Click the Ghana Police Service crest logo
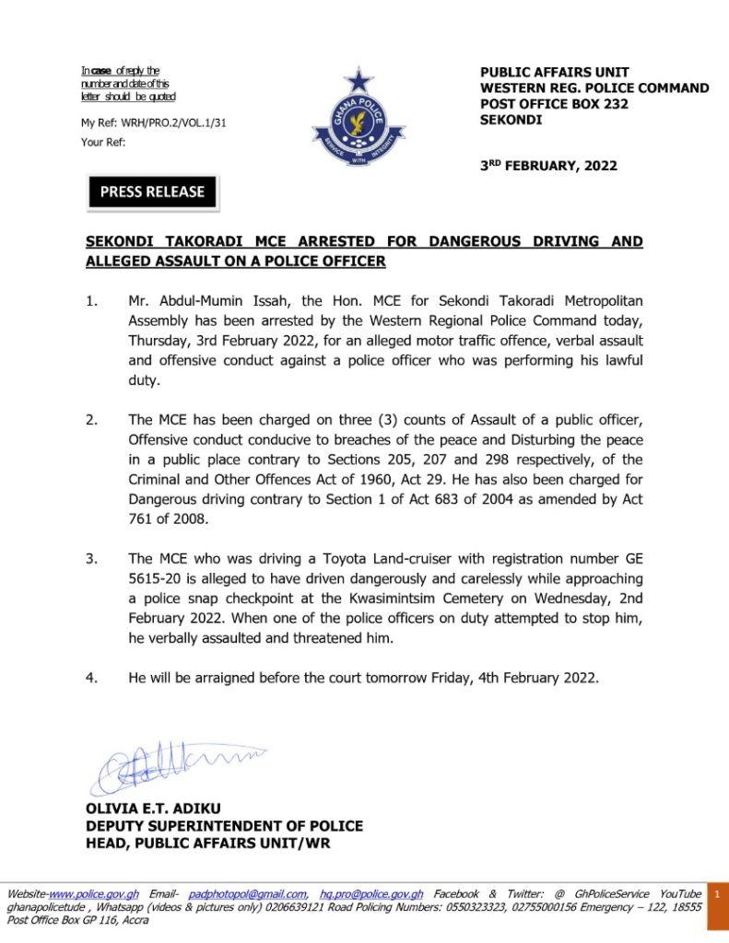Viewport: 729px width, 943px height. click(x=359, y=122)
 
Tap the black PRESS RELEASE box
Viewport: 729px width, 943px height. click(x=152, y=192)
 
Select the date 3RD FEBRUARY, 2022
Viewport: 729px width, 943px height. click(x=548, y=167)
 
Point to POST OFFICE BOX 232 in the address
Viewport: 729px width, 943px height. click(x=554, y=104)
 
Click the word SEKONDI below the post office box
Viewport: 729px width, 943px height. click(x=511, y=120)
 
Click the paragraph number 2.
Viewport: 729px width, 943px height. click(x=92, y=421)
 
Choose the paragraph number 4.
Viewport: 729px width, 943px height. click(x=92, y=678)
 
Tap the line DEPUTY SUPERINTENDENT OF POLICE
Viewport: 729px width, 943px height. click(x=224, y=826)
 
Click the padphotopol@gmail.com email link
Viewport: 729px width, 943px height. click(x=248, y=894)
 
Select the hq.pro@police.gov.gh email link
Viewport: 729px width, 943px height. click(x=371, y=894)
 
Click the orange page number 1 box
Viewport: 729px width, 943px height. click(x=717, y=894)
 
